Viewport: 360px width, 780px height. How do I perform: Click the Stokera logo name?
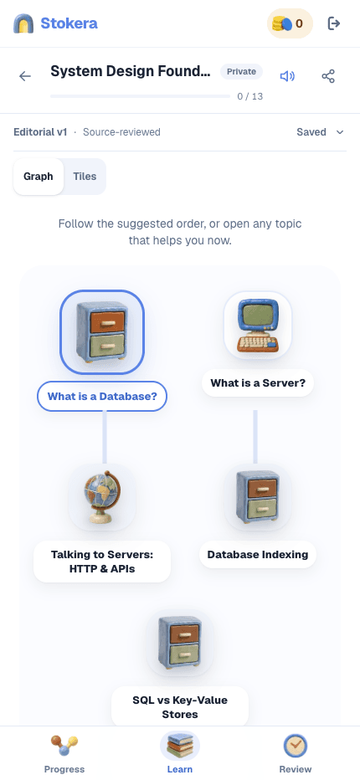tap(69, 23)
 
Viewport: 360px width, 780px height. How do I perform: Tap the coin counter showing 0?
tap(291, 23)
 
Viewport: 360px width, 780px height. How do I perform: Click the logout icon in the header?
tap(333, 23)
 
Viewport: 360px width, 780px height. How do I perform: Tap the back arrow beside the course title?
tap(25, 76)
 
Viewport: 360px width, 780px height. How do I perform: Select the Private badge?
tap(241, 72)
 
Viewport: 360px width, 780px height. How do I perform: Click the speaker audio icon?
tap(287, 76)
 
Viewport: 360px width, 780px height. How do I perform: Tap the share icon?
tap(328, 76)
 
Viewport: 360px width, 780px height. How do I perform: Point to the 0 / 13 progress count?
tap(250, 96)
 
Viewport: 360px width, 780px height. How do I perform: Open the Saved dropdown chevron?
tap(340, 132)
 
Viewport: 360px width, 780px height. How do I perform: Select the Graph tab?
tap(39, 177)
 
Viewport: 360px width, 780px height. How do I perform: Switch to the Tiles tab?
tap(85, 177)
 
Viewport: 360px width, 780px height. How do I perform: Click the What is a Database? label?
tap(102, 397)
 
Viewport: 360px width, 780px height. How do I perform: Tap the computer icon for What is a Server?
tap(257, 326)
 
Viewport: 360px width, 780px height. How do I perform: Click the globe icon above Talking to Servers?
tap(102, 497)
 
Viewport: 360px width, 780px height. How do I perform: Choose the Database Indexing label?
tap(258, 554)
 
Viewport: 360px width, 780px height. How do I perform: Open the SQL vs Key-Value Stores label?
tap(180, 707)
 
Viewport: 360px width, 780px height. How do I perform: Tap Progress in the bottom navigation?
tap(64, 754)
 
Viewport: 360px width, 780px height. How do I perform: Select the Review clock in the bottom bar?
tap(296, 747)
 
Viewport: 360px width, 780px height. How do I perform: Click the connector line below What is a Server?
tap(255, 436)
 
